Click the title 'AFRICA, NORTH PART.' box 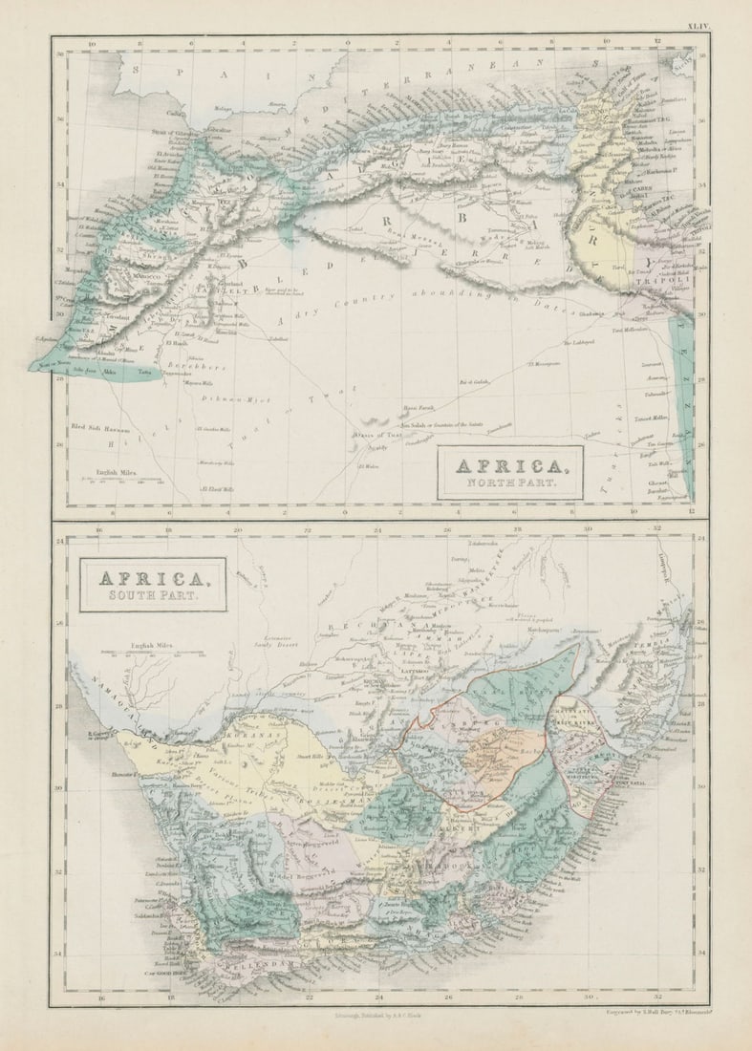(510, 472)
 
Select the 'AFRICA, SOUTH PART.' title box (153, 585)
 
